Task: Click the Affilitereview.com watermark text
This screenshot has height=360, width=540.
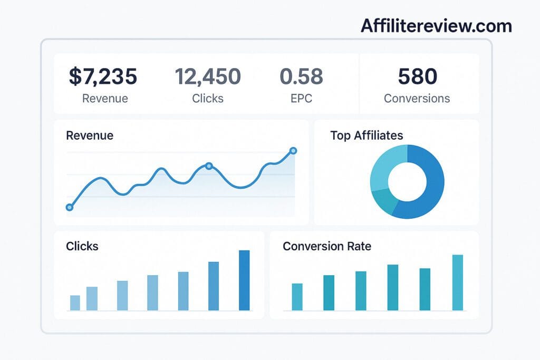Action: coord(436,26)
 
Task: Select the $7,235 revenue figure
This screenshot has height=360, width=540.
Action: coord(103,76)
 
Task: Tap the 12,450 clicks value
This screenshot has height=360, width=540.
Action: coord(208,76)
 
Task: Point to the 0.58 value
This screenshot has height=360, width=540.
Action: coord(301,76)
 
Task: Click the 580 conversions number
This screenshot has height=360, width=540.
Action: coord(417,76)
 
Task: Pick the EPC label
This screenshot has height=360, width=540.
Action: coord(301,99)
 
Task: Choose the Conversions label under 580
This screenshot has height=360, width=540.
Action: coord(417,99)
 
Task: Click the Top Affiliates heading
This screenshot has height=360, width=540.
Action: coord(367,135)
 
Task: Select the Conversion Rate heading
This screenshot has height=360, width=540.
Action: coord(327,246)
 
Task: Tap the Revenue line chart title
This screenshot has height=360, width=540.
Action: coord(90,135)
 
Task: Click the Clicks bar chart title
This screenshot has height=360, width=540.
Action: coord(82,246)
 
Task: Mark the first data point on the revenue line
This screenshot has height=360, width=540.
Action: coord(69,208)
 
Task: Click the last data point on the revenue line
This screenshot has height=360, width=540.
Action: coord(294,151)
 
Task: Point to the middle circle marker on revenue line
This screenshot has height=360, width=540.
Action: coord(208,166)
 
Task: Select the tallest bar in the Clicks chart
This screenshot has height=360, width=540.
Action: coord(244,280)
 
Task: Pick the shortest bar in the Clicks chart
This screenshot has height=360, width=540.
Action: coord(75,303)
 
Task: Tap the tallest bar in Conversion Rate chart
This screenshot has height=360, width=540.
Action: coord(457,283)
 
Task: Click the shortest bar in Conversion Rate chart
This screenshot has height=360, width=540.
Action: coord(297,297)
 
